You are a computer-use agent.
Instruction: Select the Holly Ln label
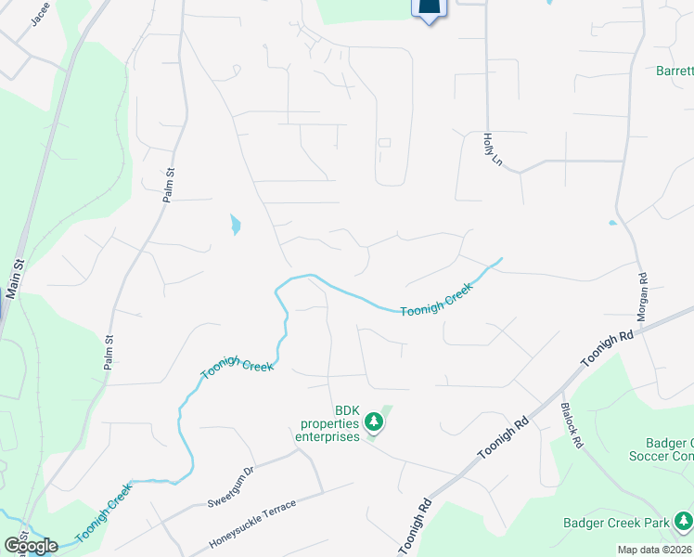pos(491,149)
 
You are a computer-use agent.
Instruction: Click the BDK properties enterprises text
pos(328,423)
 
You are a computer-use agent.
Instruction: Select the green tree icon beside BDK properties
pos(374,423)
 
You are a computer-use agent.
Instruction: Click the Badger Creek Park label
pos(616,523)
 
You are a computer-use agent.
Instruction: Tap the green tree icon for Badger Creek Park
pos(684,520)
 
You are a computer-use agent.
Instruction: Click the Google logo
pos(32,546)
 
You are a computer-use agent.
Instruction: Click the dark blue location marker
pos(428,8)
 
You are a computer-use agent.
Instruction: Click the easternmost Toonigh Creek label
pos(437,300)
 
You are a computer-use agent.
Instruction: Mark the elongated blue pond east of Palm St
pos(235,224)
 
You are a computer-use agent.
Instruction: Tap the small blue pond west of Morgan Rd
pos(611,223)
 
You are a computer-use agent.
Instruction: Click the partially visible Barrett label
pos(674,71)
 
